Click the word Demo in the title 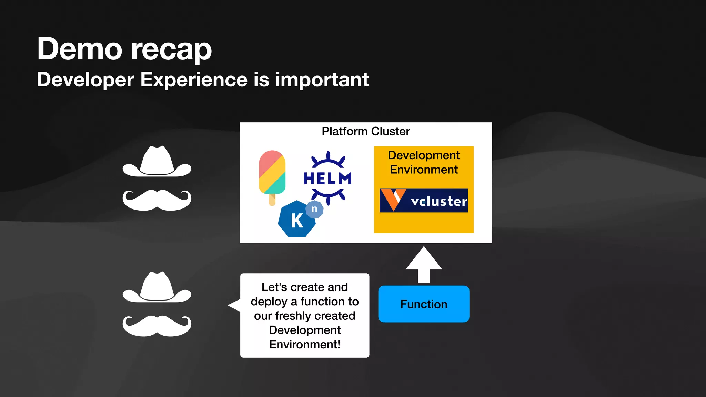tap(79, 49)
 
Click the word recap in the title tap(171, 50)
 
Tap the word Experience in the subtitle tap(194, 80)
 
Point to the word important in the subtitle tap(322, 80)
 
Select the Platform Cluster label tap(365, 131)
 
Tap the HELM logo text tap(327, 179)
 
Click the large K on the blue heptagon tap(297, 221)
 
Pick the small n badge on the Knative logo tap(314, 209)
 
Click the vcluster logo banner tap(424, 200)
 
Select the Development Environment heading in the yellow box tap(424, 162)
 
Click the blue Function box tap(424, 304)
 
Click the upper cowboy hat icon tap(157, 162)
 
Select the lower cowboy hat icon tap(157, 288)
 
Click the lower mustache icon tap(157, 326)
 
